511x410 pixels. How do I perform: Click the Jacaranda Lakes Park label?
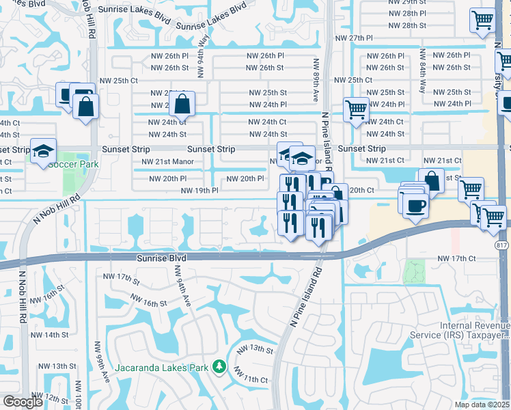161,368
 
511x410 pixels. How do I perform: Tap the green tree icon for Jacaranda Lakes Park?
219,368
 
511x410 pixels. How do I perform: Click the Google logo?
23,402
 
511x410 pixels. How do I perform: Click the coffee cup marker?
415,204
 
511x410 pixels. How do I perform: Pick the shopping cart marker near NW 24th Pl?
356,109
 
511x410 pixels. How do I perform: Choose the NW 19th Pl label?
199,191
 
